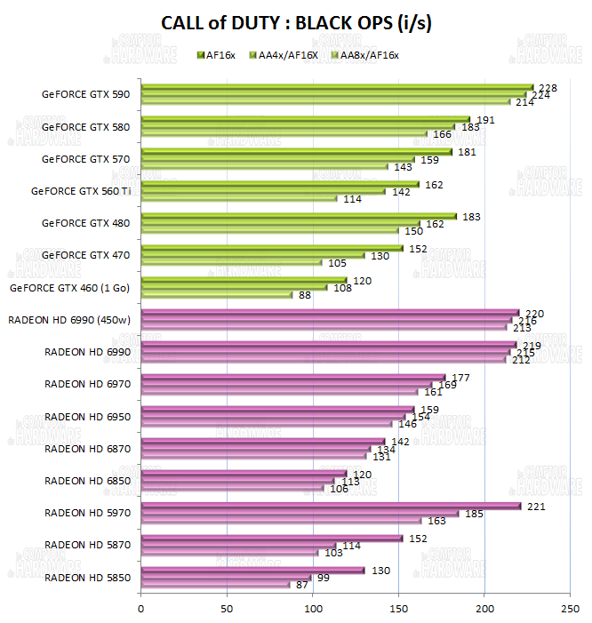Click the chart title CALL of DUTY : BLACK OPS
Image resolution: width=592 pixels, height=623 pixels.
(296, 24)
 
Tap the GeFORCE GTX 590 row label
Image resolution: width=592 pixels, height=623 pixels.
(85, 94)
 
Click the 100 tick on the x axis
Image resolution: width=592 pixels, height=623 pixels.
(312, 609)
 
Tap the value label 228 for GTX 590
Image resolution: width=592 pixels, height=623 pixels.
(548, 87)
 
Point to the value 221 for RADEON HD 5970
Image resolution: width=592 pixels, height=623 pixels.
(535, 506)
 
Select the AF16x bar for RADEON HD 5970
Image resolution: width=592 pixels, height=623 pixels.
(331, 507)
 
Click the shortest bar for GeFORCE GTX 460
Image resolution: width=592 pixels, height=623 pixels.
(216, 294)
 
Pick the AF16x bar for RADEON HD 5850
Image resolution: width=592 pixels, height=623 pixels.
(252, 570)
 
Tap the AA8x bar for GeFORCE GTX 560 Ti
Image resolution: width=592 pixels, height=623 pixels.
(239, 198)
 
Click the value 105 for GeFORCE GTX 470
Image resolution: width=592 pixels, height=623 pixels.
(337, 263)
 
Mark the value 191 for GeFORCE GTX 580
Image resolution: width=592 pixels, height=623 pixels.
(484, 119)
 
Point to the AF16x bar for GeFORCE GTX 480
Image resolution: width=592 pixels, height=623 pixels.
(298, 216)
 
